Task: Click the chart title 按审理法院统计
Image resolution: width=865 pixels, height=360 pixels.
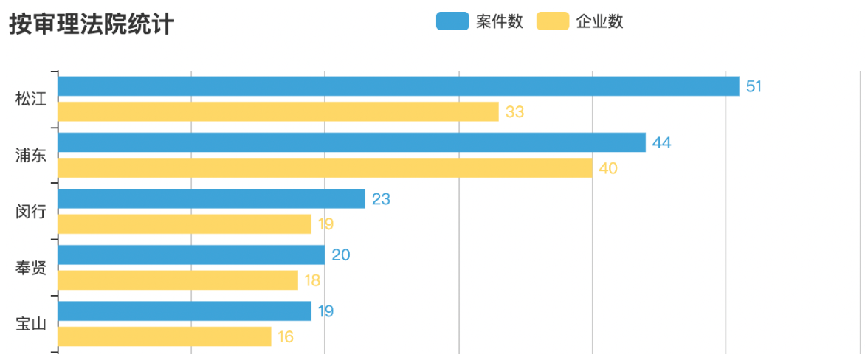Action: (92, 24)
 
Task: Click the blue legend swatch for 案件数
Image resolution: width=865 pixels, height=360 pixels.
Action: (452, 21)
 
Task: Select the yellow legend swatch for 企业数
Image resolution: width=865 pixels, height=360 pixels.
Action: (552, 21)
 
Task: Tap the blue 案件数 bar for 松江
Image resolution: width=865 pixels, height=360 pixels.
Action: (399, 86)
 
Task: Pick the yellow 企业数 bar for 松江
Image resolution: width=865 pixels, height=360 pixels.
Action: (278, 112)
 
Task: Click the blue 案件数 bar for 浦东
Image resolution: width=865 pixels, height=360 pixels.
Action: (351, 142)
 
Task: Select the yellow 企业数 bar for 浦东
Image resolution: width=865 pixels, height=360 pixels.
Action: (325, 168)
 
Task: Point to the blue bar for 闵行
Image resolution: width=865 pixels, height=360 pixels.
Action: (211, 198)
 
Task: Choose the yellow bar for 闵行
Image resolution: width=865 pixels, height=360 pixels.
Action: (185, 224)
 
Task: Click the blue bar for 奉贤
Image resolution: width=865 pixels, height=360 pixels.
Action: (191, 255)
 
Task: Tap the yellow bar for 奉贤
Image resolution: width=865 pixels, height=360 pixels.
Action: (178, 280)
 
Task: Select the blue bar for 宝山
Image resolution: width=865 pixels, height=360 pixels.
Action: (185, 311)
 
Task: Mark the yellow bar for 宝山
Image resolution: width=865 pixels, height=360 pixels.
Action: (165, 337)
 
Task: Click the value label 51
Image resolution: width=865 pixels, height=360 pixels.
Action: (754, 86)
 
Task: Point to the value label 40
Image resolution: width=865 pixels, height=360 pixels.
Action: (608, 168)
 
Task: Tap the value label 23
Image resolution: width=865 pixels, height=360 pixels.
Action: (381, 199)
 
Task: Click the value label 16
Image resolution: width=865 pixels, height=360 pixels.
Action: (286, 337)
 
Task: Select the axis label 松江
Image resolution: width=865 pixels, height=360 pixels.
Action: (31, 100)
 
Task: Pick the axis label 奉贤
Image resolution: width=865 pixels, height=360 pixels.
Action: (31, 268)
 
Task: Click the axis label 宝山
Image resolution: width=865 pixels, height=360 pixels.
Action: (31, 324)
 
